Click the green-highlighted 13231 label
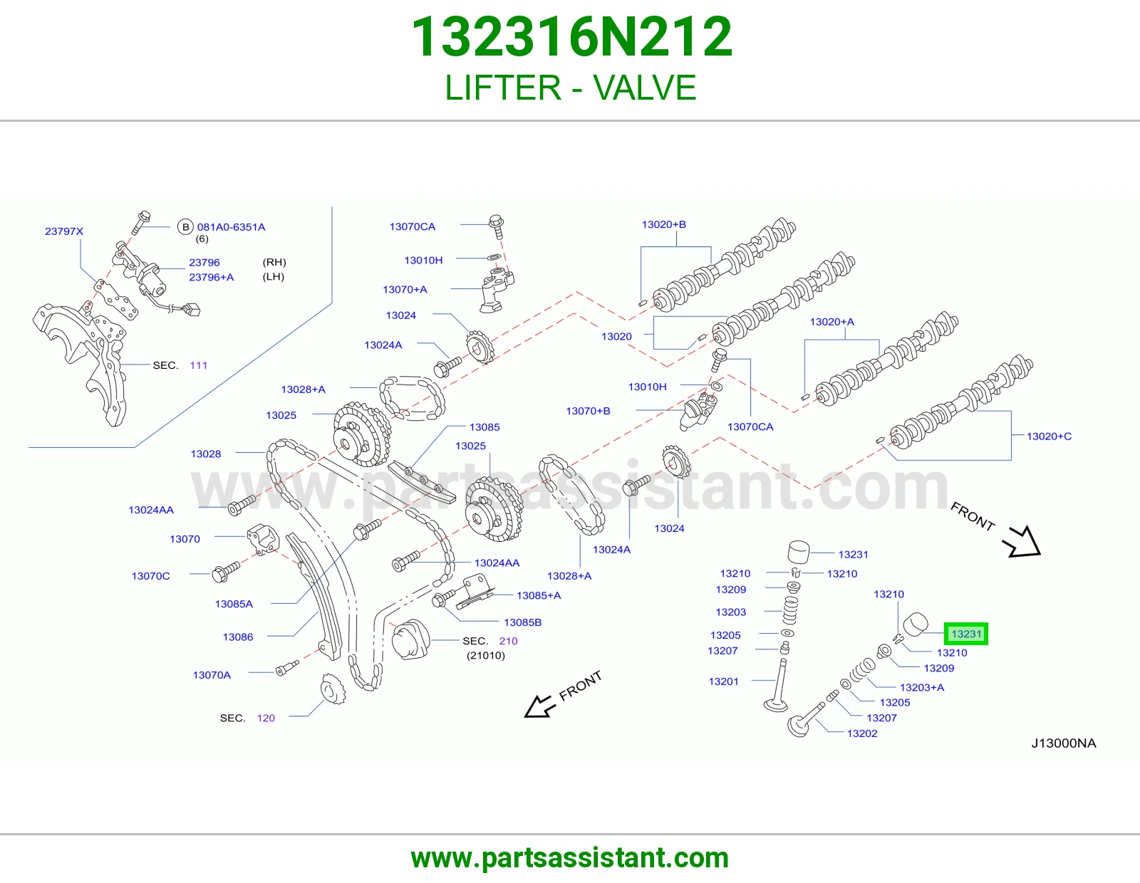966,634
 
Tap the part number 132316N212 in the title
572,37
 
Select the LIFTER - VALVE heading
570,88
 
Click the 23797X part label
64,231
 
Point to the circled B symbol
185,227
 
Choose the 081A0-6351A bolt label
231,227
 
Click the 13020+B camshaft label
663,224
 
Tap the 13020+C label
1049,437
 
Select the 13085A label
234,604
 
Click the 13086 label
238,637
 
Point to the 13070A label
212,675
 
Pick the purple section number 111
198,365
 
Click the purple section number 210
508,641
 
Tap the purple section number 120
266,718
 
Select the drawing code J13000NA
1063,743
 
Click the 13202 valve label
862,733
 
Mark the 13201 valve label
723,681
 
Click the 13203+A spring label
922,687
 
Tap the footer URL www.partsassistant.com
570,858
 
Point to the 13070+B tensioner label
588,411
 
